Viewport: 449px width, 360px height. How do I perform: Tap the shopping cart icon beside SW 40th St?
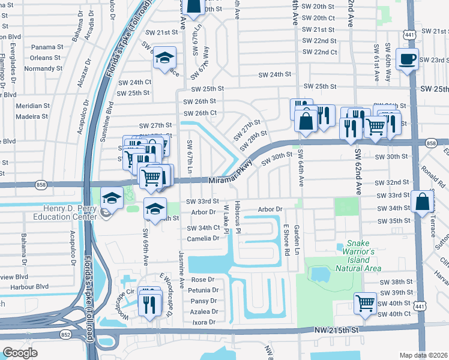[365, 304]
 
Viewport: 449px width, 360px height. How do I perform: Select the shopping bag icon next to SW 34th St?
[423, 201]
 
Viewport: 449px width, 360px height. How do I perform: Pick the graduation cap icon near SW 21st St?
[164, 58]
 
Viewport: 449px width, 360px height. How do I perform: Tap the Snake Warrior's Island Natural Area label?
[361, 256]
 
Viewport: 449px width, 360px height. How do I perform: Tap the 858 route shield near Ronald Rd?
[431, 143]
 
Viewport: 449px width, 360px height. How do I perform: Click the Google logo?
[20, 353]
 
